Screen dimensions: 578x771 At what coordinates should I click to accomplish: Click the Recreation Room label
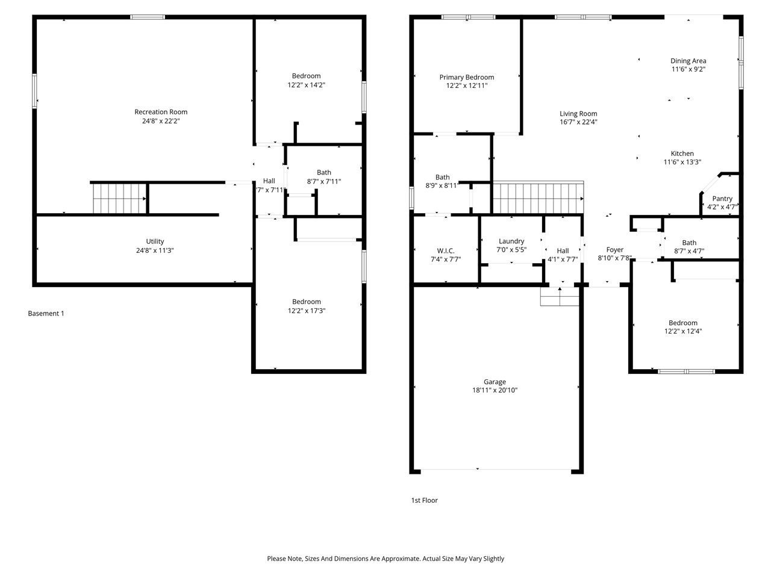coord(161,112)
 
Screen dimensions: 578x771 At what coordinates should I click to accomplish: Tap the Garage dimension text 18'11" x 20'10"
coord(495,390)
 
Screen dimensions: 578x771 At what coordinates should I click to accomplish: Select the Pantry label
coord(722,199)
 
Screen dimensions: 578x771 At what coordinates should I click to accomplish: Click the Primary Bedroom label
coord(466,77)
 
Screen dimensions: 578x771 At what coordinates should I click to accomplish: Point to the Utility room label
coord(155,241)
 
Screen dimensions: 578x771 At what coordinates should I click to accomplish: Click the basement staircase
coord(119,198)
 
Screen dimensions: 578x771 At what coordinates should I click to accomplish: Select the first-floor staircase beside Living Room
coord(538,198)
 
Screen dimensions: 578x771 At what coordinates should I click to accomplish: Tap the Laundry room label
coord(511,241)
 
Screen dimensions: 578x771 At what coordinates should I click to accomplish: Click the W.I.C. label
coord(446,250)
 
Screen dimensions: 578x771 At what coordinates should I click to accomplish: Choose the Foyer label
coord(614,250)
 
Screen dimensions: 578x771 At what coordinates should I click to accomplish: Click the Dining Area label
coord(688,61)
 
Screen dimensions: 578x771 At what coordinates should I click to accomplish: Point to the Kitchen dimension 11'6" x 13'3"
coord(682,162)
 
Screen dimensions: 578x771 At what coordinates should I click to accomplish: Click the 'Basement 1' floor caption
coord(46,314)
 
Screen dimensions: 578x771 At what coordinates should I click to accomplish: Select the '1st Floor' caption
coord(424,500)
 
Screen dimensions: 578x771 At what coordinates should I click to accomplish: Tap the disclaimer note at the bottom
coord(385,559)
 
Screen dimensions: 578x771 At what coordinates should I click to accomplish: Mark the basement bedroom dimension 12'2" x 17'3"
coord(307,311)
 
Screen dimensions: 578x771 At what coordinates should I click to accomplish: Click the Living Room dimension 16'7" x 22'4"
coord(578,122)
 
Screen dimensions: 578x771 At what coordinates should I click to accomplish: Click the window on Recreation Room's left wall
coord(35,91)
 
